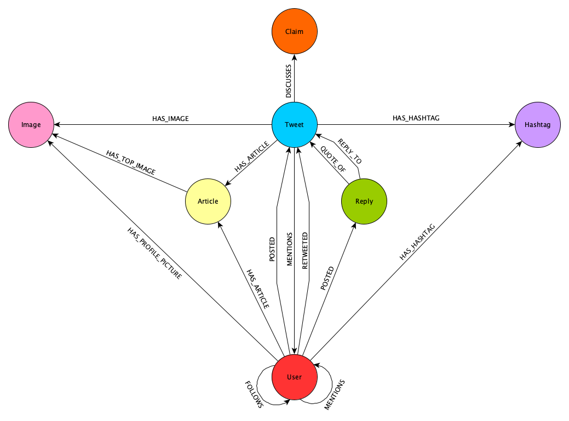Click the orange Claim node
295,32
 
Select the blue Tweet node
295,125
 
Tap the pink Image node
31,125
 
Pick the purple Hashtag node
538,125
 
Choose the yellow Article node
208,201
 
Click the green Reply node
364,201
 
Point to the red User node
295,377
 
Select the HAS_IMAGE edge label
170,118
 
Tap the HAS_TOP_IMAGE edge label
131,163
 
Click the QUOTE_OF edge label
332,160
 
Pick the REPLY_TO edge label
350,151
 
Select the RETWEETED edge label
305,251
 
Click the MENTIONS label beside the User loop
335,394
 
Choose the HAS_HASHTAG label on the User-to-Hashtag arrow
418,241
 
